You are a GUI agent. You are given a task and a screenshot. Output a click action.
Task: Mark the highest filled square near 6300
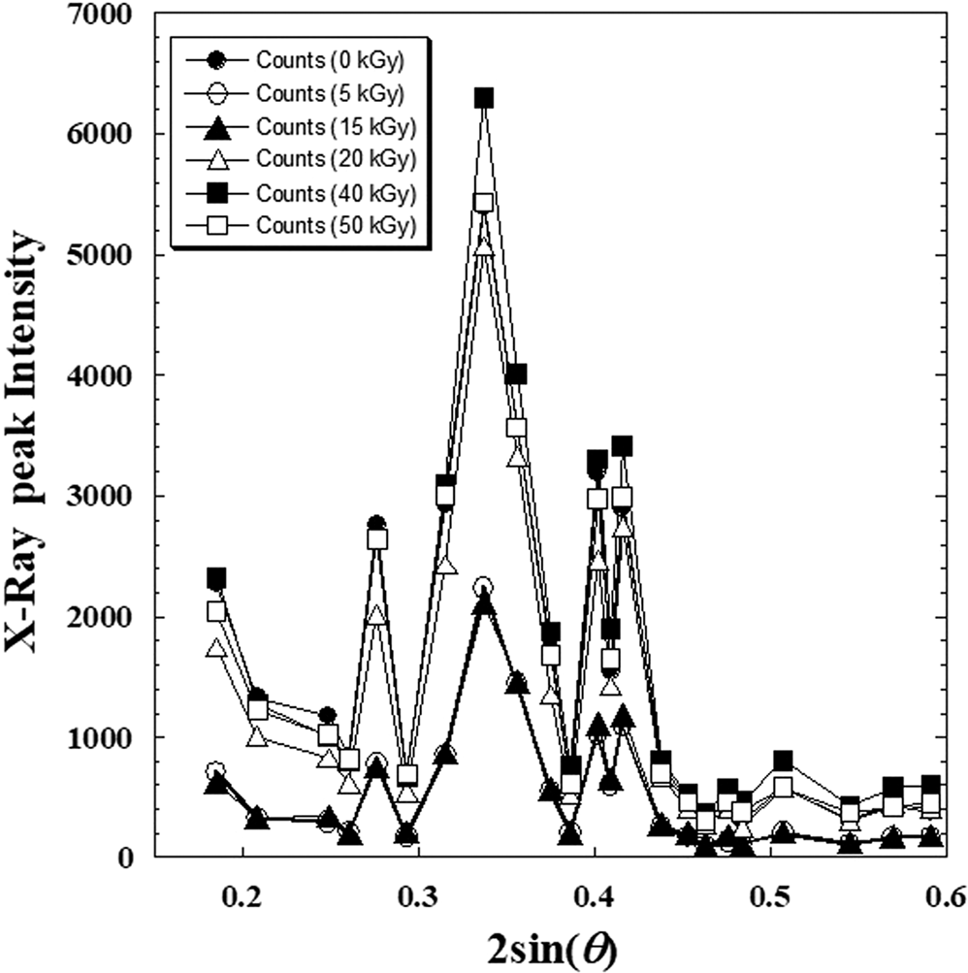click(x=484, y=98)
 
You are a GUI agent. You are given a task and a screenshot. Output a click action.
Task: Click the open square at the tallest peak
click(x=484, y=202)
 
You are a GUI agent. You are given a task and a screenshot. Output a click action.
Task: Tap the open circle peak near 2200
click(x=484, y=587)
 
